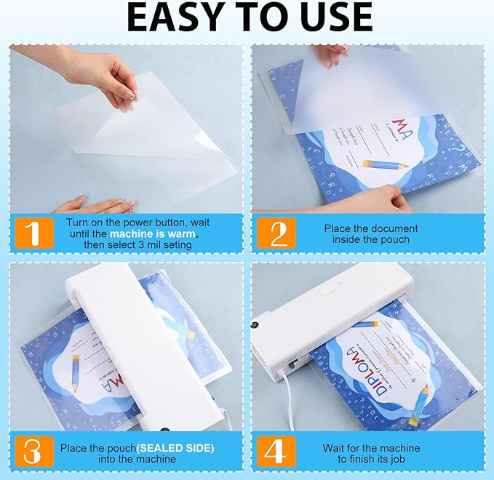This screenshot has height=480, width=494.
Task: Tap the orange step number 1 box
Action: click(32, 233)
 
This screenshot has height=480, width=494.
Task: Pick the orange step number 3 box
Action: click(32, 451)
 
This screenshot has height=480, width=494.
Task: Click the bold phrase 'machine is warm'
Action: click(154, 234)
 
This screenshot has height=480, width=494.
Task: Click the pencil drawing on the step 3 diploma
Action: click(76, 372)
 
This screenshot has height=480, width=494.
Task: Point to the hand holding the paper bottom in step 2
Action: click(371, 200)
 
